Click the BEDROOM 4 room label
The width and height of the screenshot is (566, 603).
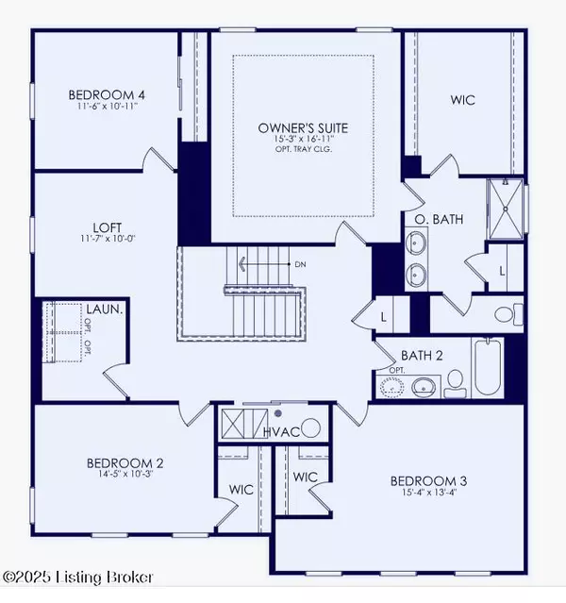pyautogui.click(x=106, y=94)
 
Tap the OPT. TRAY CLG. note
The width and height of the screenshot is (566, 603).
pyautogui.click(x=307, y=152)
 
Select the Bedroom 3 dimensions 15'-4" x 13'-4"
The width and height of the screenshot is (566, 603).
pyautogui.click(x=428, y=495)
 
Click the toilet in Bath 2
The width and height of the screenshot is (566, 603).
pyautogui.click(x=455, y=380)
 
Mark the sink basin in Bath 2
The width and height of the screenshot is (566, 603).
pyautogui.click(x=424, y=385)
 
